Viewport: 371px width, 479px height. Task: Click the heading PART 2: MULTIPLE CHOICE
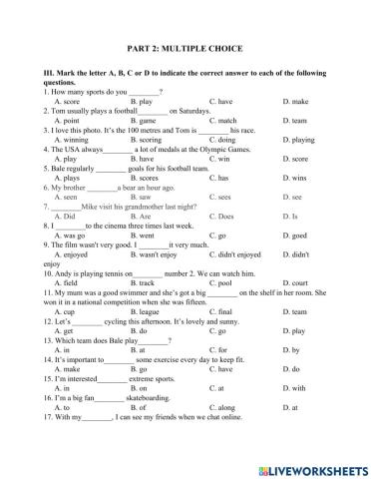[x=185, y=48]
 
